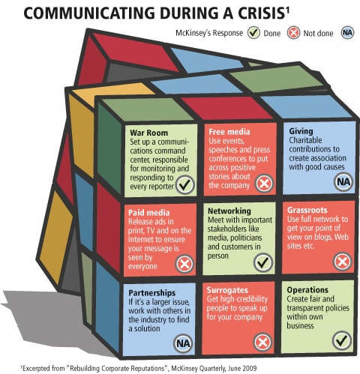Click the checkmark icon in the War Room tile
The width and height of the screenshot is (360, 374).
click(x=185, y=184)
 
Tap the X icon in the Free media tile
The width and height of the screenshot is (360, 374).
click(x=264, y=184)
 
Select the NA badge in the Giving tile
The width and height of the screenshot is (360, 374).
click(x=343, y=182)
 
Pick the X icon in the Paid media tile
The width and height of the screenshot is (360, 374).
click(x=184, y=264)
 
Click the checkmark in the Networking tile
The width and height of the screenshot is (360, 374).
click(x=263, y=262)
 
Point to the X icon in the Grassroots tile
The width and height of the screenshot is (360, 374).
click(x=343, y=262)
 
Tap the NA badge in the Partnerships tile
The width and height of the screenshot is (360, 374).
click(x=183, y=343)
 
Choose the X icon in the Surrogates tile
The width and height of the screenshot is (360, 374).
click(x=262, y=343)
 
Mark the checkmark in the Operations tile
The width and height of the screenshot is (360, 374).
click(x=342, y=340)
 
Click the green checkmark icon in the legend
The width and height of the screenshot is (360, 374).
click(x=253, y=33)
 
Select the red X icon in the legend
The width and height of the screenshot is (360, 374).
click(x=293, y=33)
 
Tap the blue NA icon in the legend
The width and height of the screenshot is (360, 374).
click(x=348, y=33)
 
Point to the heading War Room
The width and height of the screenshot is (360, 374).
click(x=148, y=133)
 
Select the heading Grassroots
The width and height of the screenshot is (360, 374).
click(x=307, y=210)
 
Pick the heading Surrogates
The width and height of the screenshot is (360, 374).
click(x=227, y=290)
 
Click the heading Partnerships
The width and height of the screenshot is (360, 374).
click(x=152, y=293)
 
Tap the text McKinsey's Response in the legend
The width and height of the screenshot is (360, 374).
click(x=209, y=33)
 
